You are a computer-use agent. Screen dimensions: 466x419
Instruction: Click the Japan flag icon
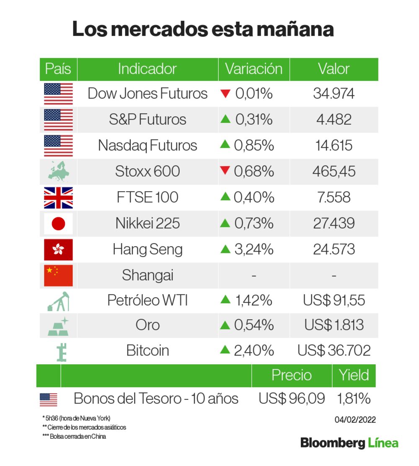point(58,224)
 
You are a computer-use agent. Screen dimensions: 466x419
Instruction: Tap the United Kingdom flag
point(58,198)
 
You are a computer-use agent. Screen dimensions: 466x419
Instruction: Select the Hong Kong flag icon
point(58,250)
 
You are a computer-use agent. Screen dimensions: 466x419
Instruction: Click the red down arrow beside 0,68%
point(225,171)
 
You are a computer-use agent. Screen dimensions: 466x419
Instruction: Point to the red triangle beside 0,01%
point(225,93)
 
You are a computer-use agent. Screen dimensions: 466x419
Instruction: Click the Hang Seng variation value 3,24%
point(253,250)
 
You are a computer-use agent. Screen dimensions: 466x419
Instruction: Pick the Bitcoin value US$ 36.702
point(334,350)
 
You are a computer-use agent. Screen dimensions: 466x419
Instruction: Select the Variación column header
point(253,69)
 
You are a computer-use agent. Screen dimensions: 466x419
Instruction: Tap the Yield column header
point(354,375)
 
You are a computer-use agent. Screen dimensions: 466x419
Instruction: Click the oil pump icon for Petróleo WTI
point(58,301)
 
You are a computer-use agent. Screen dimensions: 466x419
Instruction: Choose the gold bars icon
point(58,326)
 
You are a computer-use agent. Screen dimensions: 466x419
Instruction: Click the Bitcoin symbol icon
point(62,351)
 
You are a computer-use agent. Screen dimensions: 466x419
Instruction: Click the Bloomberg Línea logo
point(349,443)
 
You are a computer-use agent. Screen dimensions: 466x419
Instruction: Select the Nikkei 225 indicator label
point(147,224)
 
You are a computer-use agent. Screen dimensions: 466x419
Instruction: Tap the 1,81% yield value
point(354,399)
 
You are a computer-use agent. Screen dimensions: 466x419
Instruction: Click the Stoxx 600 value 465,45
point(334,171)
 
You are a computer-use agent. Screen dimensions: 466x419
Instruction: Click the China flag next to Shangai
point(58,275)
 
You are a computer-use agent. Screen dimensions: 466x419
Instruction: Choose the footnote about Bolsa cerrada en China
point(74,437)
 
